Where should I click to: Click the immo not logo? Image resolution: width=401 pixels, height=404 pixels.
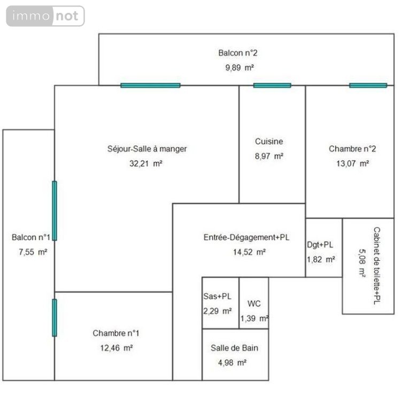pos(45,16)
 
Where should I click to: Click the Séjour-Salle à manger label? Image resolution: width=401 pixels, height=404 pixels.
pos(147,149)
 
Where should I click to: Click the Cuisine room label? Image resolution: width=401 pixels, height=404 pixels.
pos(269,142)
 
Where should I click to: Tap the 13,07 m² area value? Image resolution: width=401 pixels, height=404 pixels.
pos(349,164)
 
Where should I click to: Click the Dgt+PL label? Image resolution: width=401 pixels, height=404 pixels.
pos(320,245)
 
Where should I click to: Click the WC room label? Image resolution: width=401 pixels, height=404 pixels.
pos(254,304)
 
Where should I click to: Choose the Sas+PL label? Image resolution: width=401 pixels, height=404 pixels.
pos(217,296)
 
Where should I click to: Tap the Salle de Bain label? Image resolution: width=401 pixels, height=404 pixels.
pos(235,348)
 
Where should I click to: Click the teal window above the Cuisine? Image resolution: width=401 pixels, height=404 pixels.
pos(272,86)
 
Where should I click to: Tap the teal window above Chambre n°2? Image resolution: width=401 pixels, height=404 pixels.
pos(368,86)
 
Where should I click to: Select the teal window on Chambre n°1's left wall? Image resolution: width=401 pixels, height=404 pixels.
pos(55,317)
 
